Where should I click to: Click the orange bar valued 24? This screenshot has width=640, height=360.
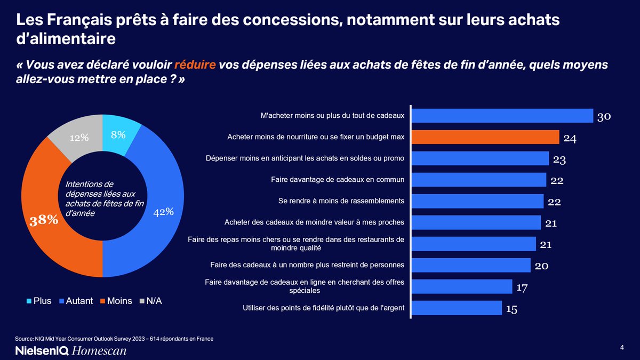click(x=486, y=137)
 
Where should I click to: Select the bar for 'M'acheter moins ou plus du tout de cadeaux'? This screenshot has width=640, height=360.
click(x=503, y=116)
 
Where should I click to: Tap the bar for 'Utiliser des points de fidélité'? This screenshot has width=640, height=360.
click(x=457, y=308)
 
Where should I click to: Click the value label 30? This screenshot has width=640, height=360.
click(x=604, y=117)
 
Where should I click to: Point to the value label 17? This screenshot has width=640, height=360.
click(x=522, y=287)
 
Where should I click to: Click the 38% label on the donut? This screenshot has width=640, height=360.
click(x=44, y=220)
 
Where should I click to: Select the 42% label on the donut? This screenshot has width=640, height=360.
click(x=164, y=212)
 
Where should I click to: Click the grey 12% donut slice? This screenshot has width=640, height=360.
click(x=77, y=138)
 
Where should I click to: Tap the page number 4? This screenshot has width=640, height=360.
click(x=622, y=348)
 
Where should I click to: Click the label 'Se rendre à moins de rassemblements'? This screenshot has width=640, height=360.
click(x=341, y=201)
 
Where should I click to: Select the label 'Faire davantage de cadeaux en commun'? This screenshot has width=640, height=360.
click(x=337, y=180)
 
